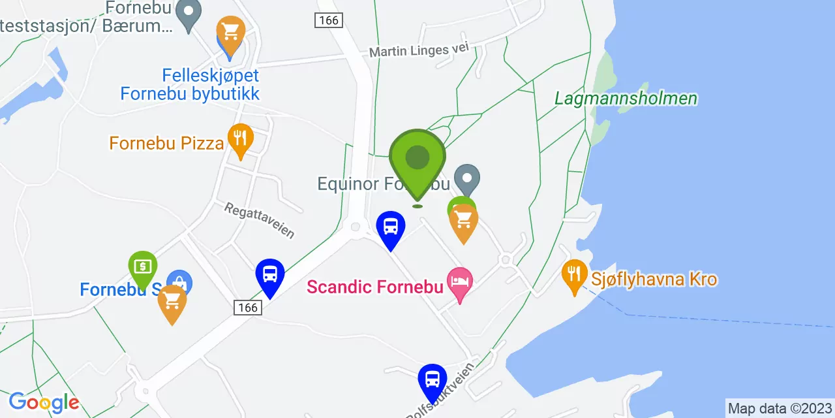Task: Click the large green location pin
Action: pos(417,160)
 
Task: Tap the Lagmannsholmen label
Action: pos(626,99)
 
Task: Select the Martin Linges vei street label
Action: pos(418,51)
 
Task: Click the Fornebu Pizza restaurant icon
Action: pos(241,138)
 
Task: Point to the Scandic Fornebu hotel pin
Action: pos(460,283)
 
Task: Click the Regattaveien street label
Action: pos(259,219)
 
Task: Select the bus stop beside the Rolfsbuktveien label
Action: pos(432,381)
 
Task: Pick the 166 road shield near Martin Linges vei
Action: pos(328,20)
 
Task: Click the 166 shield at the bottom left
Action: pos(249,307)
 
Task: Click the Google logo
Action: pos(44,402)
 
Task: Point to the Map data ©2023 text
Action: pos(779,409)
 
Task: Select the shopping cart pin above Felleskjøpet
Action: pos(230,33)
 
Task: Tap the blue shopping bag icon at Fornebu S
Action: pos(179,282)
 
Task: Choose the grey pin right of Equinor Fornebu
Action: pos(466,178)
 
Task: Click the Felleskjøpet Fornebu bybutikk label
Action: pos(190,84)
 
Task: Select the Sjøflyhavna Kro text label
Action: pos(654,280)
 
